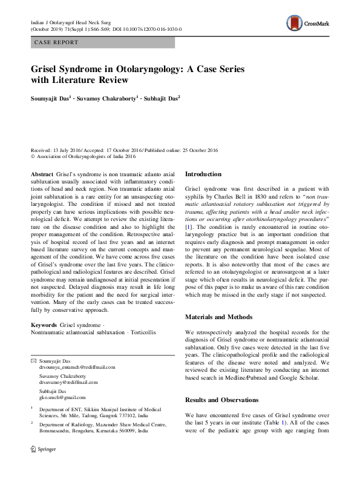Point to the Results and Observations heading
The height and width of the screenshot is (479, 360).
coord(222,401)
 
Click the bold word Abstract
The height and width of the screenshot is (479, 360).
coord(42,173)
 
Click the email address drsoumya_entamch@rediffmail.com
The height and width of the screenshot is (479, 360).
coord(77,368)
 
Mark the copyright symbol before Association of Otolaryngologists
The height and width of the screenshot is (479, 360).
coord(33,156)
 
